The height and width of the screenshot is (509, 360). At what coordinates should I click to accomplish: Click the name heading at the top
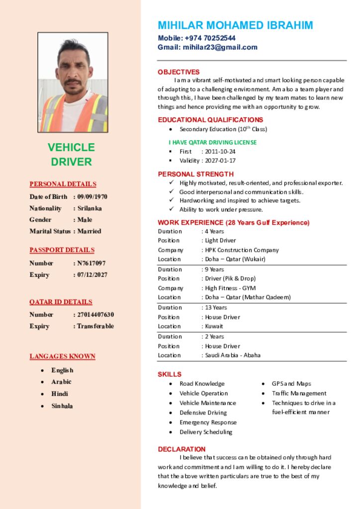[235, 25]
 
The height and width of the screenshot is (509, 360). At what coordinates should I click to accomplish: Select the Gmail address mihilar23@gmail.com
[220, 48]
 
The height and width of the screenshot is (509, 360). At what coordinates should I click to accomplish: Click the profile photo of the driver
[73, 83]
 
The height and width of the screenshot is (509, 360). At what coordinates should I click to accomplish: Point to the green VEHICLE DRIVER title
[71, 155]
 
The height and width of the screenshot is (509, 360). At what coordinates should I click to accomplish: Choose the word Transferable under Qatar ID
[95, 327]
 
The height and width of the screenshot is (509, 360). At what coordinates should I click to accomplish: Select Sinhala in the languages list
[62, 406]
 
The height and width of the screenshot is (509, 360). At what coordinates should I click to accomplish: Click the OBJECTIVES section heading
[179, 72]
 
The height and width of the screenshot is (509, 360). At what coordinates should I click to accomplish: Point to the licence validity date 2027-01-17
[220, 161]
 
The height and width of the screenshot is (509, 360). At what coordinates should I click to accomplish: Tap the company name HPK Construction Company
[242, 250]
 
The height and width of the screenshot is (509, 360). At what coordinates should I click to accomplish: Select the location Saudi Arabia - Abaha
[233, 355]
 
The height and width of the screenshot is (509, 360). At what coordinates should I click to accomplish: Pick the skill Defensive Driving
[203, 413]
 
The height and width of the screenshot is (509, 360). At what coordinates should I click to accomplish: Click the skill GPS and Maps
[291, 384]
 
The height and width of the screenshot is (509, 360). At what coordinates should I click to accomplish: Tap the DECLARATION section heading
[181, 449]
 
